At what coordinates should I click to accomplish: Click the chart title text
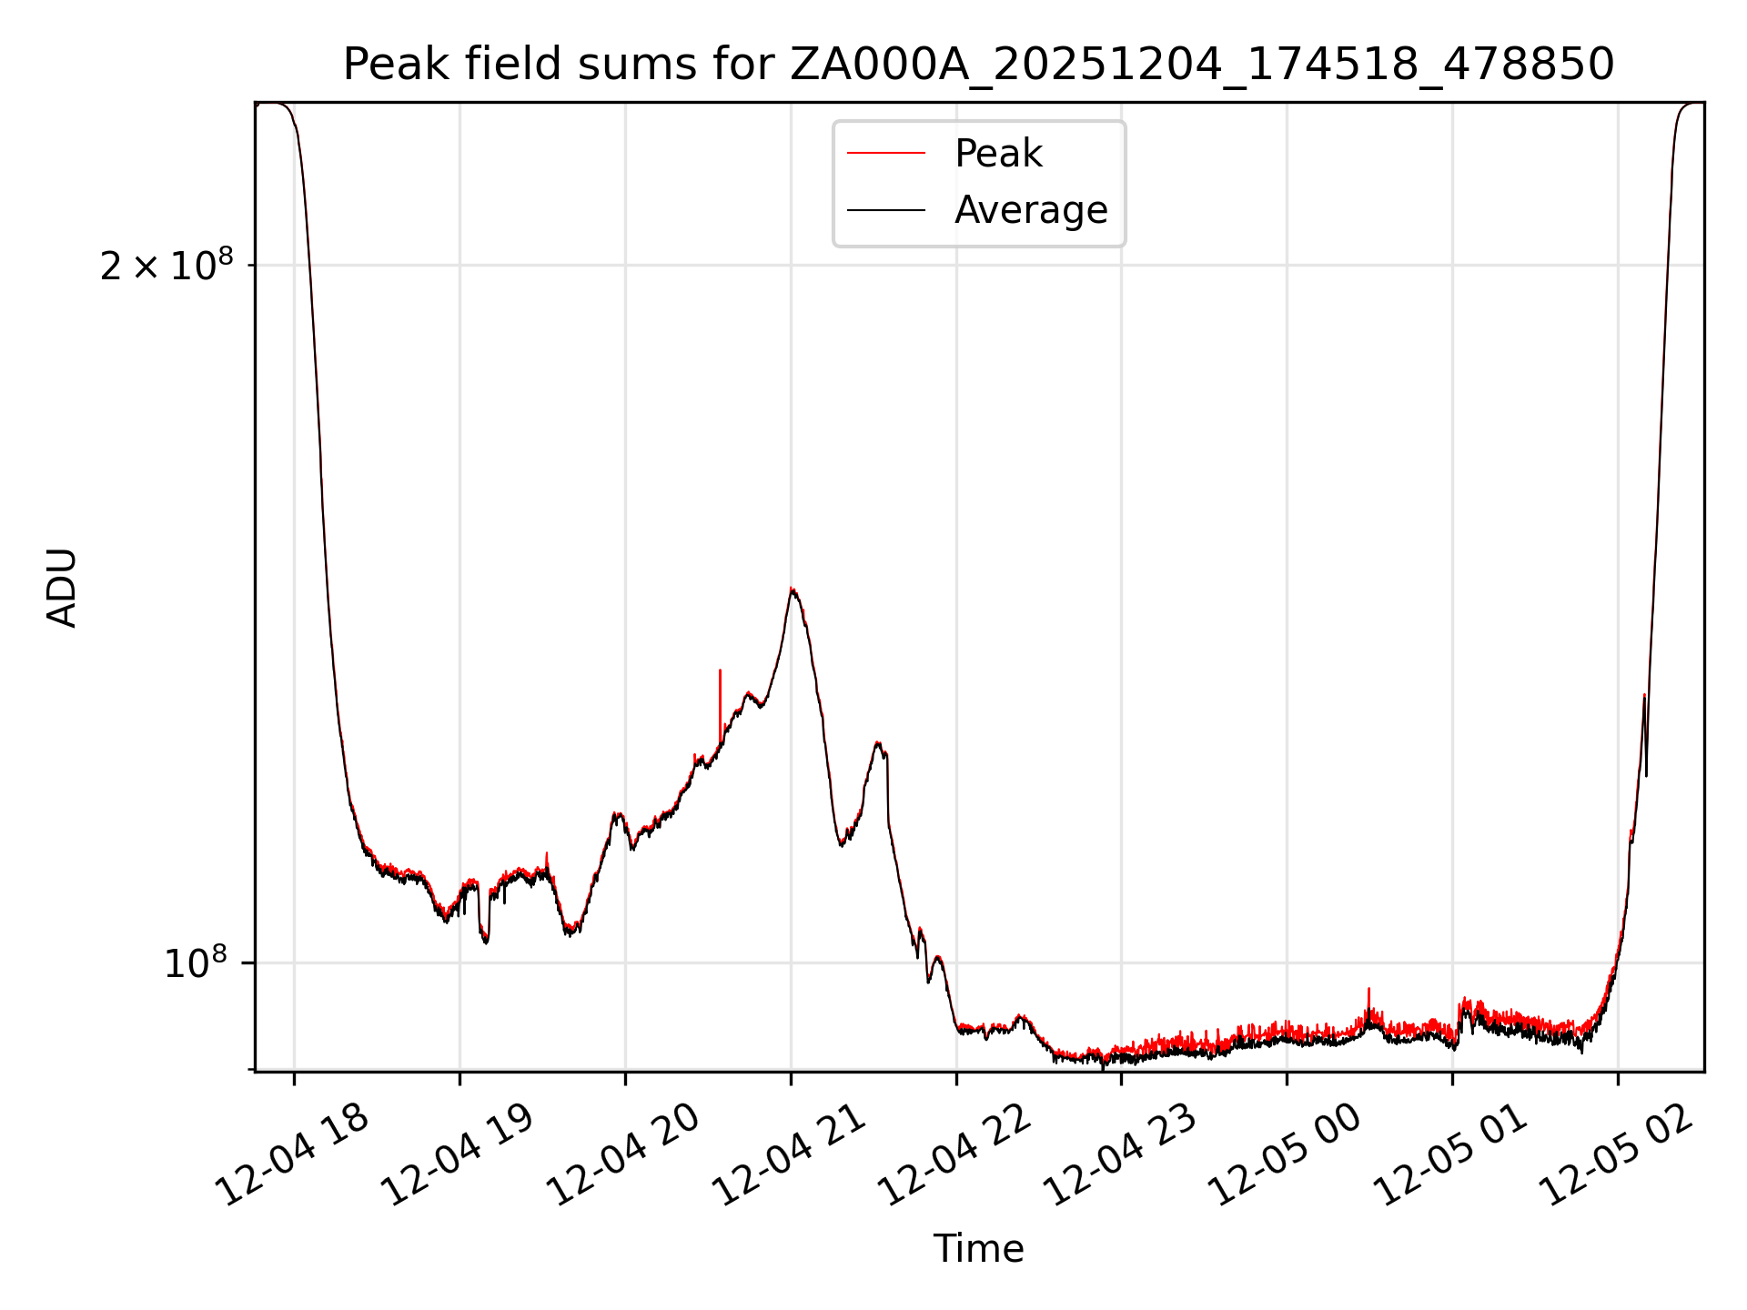click(978, 65)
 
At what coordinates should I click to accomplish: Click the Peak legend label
click(997, 154)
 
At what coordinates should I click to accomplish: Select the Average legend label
click(1030, 210)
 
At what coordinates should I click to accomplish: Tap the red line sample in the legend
click(885, 154)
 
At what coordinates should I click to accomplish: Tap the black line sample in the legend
click(885, 210)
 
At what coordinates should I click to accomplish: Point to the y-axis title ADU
click(62, 587)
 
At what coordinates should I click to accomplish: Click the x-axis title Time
click(978, 1249)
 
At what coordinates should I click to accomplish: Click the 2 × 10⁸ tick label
click(166, 266)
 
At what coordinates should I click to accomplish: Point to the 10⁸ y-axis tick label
click(194, 962)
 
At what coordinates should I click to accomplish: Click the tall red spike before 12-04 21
click(720, 691)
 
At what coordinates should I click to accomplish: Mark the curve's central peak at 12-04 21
click(793, 590)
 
